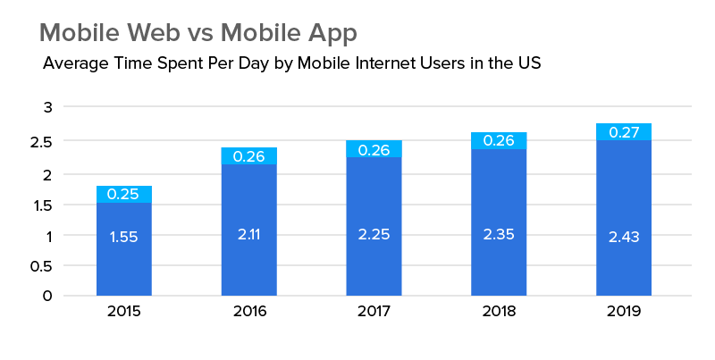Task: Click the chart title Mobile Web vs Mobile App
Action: [198, 33]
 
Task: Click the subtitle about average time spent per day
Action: [291, 64]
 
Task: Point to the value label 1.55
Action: [123, 237]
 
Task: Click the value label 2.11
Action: [248, 234]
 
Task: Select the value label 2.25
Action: [374, 234]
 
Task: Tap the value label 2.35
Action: [499, 234]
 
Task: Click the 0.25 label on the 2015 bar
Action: [123, 194]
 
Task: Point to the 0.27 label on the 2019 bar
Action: [624, 132]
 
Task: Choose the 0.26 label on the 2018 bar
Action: [499, 141]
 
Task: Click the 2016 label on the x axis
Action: [248, 313]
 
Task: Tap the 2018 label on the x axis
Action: [499, 313]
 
